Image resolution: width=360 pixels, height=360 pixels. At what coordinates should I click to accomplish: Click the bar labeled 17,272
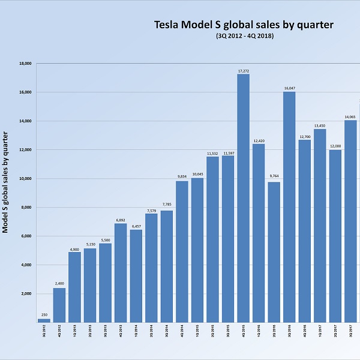(244, 198)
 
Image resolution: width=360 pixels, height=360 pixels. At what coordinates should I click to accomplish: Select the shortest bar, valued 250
(44, 320)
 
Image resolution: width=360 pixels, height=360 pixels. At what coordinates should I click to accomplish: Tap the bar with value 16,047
(289, 207)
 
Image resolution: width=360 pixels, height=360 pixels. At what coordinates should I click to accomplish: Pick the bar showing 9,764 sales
(274, 252)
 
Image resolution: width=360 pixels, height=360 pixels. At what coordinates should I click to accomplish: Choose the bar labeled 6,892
(121, 273)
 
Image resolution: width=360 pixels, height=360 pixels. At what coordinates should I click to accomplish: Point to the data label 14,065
(350, 117)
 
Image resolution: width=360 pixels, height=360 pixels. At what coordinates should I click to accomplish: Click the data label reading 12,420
(259, 140)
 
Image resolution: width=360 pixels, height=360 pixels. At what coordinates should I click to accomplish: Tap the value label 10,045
(197, 175)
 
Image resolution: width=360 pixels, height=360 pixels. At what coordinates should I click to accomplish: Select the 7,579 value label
(152, 210)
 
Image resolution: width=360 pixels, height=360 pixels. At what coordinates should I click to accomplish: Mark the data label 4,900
(75, 249)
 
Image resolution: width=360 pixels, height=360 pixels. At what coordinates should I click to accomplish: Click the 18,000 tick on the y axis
(25, 63)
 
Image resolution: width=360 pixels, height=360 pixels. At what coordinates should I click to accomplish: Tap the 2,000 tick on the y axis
(27, 294)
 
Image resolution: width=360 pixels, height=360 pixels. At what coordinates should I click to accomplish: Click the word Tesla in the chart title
(169, 25)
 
